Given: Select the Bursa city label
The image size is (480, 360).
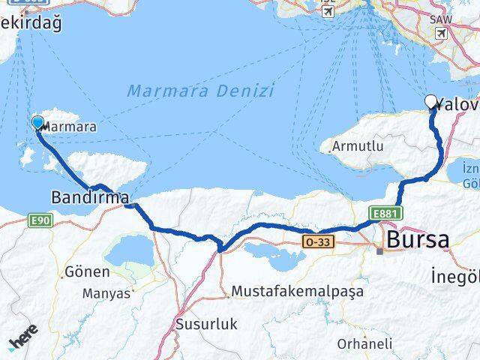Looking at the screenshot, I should coord(418,241).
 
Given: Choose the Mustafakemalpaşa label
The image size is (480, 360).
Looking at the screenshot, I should coord(298,290).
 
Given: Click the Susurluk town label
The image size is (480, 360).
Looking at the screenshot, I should coord(205,325).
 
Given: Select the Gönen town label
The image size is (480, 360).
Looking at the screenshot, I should coord(87,271).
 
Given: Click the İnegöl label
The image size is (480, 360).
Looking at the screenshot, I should coord(454,277).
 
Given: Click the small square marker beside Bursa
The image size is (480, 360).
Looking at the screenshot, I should coord(380,250).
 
